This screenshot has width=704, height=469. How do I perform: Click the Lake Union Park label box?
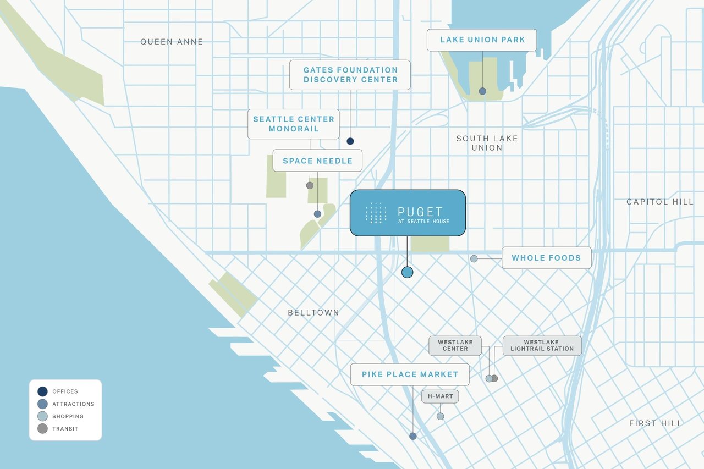point(482,40)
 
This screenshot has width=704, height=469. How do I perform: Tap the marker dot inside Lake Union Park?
point(482,91)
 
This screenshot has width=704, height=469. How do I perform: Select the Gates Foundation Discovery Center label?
point(350,75)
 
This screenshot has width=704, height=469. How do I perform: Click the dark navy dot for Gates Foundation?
point(350,141)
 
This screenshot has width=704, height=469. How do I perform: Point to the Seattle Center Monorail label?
point(294,124)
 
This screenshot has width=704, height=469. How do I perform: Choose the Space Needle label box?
point(317,161)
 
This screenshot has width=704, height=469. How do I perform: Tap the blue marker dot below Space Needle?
point(317,214)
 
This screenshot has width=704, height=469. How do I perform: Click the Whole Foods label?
point(546,258)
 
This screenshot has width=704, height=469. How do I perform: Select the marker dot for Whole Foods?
point(474,258)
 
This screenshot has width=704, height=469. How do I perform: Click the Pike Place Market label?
point(410,374)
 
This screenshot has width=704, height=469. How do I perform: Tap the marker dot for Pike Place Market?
point(413,436)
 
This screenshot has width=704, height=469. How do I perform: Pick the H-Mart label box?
point(440,396)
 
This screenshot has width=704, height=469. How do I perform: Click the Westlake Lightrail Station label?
point(542,345)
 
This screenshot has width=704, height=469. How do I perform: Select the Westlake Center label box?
point(455,345)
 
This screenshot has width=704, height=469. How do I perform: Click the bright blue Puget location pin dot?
point(407,272)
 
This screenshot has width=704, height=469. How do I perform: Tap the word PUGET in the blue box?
point(420,212)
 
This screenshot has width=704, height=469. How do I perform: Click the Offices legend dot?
point(42,391)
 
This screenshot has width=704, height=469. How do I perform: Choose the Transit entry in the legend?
point(65,429)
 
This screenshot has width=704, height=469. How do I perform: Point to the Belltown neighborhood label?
point(313,313)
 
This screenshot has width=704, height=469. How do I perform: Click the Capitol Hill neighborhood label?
point(659,202)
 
